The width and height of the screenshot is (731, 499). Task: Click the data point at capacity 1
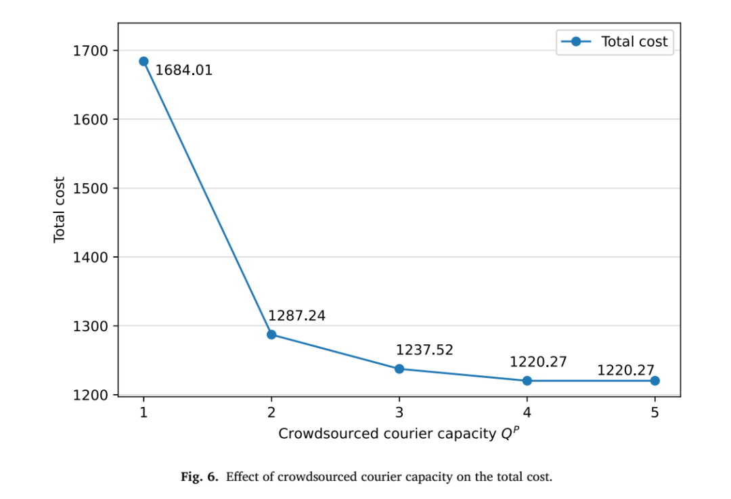click(143, 62)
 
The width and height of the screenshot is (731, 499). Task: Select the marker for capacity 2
click(271, 335)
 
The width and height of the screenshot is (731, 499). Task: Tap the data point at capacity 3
click(399, 369)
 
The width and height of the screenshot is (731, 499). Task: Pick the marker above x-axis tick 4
click(527, 381)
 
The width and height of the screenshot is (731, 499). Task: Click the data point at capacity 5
click(655, 381)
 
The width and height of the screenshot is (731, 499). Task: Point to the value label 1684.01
click(183, 70)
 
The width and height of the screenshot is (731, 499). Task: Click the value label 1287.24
click(296, 316)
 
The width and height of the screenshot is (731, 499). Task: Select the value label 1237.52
click(424, 350)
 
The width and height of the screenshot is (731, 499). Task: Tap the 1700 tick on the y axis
click(90, 50)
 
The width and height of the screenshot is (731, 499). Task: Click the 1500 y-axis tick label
click(90, 188)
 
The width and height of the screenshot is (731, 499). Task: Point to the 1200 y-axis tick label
click(90, 395)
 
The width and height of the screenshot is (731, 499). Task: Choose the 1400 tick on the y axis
click(90, 257)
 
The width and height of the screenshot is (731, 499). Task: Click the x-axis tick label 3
click(399, 412)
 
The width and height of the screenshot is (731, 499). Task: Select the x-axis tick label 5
click(655, 412)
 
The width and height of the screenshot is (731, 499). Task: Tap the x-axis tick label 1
click(143, 412)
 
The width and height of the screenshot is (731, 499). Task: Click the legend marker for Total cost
click(576, 41)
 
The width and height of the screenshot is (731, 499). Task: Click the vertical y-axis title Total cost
click(59, 210)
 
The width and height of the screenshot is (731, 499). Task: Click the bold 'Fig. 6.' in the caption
click(200, 477)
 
